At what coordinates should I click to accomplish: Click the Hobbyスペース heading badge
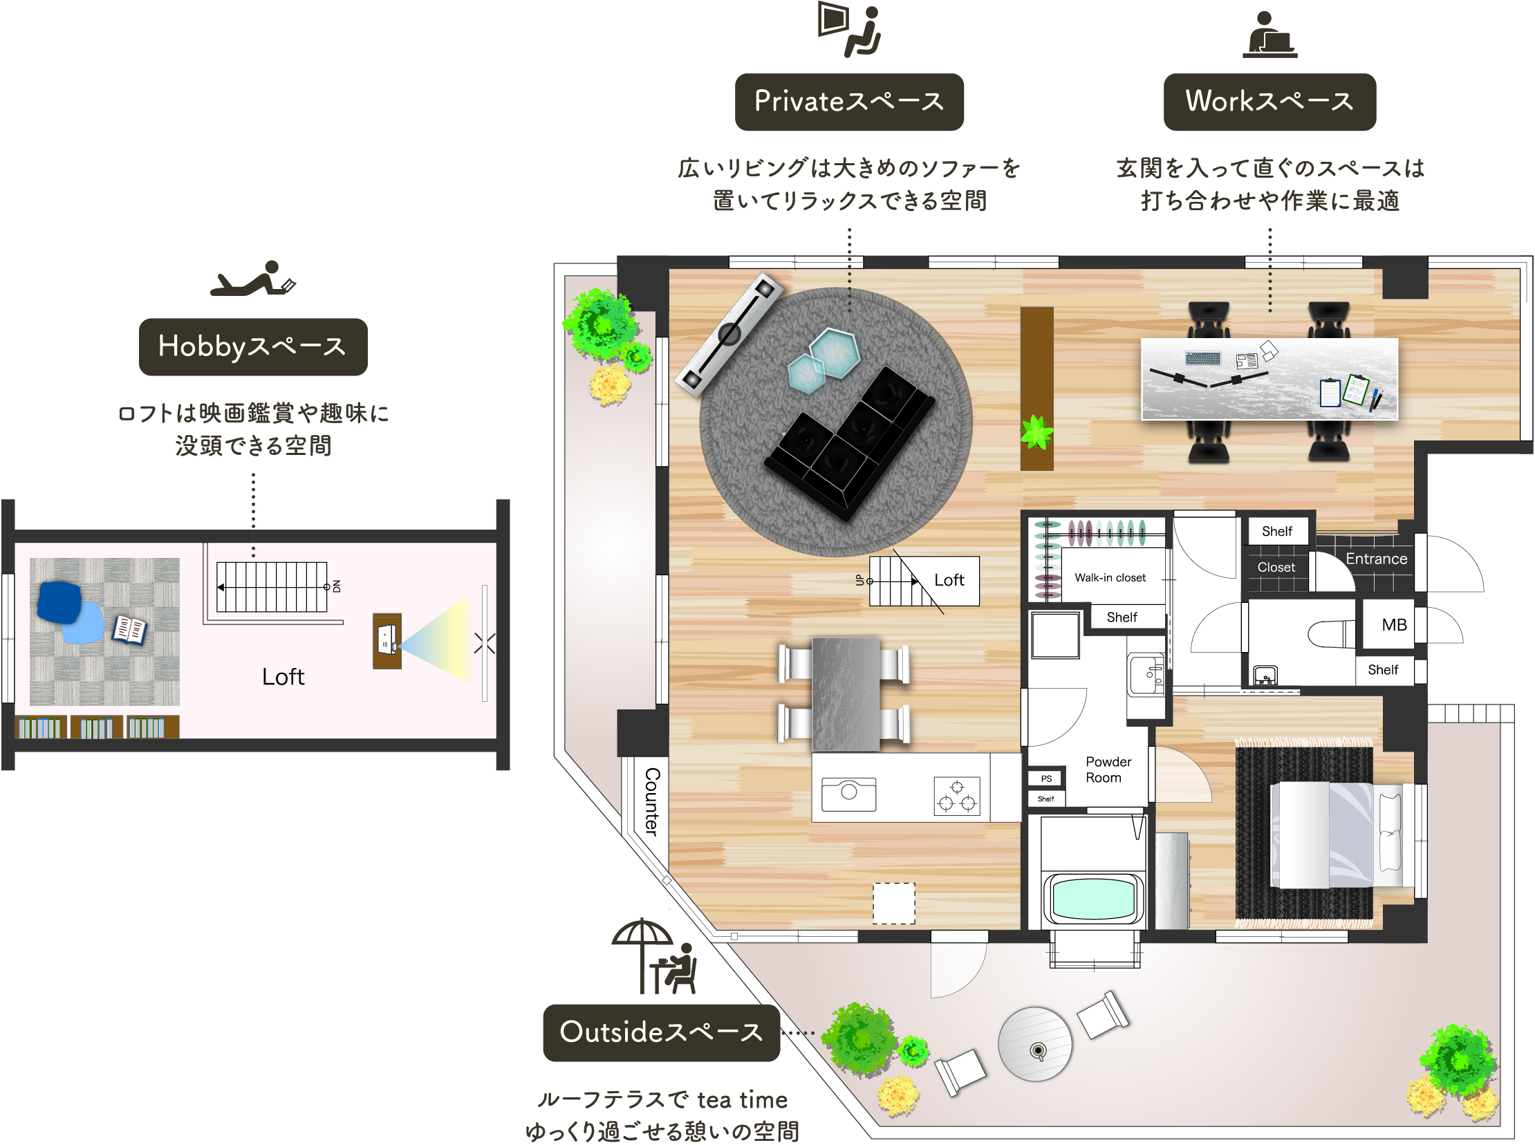click(x=253, y=346)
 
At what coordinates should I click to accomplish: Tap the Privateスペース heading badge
click(x=849, y=102)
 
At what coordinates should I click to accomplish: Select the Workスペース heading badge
click(x=1269, y=102)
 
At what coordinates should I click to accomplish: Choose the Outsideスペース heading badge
click(x=661, y=1033)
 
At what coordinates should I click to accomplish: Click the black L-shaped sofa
click(x=849, y=444)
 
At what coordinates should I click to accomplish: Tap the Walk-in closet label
click(x=1110, y=577)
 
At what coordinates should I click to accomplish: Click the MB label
click(x=1395, y=624)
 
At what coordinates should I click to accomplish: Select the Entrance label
click(x=1376, y=559)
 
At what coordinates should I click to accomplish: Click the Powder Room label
click(x=1108, y=770)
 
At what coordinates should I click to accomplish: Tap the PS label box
click(x=1046, y=779)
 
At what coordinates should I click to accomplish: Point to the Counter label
click(x=652, y=802)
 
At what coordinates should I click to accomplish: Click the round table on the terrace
click(x=1034, y=1044)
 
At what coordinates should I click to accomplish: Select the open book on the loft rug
click(x=129, y=630)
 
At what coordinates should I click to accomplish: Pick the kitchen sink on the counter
click(x=849, y=794)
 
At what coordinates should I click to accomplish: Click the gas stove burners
click(x=957, y=796)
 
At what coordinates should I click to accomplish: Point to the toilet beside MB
click(x=1331, y=633)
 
